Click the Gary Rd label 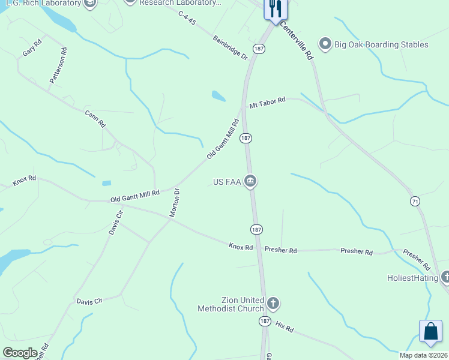(x=32, y=47)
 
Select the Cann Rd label (x=95, y=119)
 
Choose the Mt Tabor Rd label (x=267, y=102)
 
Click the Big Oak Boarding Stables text (x=381, y=44)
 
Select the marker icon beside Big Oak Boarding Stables (x=325, y=44)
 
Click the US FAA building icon (x=250, y=181)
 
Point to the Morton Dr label (x=175, y=203)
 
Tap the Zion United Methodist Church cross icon (x=273, y=303)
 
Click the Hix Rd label (x=285, y=328)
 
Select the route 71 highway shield (x=415, y=200)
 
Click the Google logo (x=20, y=353)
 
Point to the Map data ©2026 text (x=423, y=355)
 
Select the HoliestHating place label (x=413, y=278)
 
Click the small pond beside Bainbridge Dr (x=218, y=95)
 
